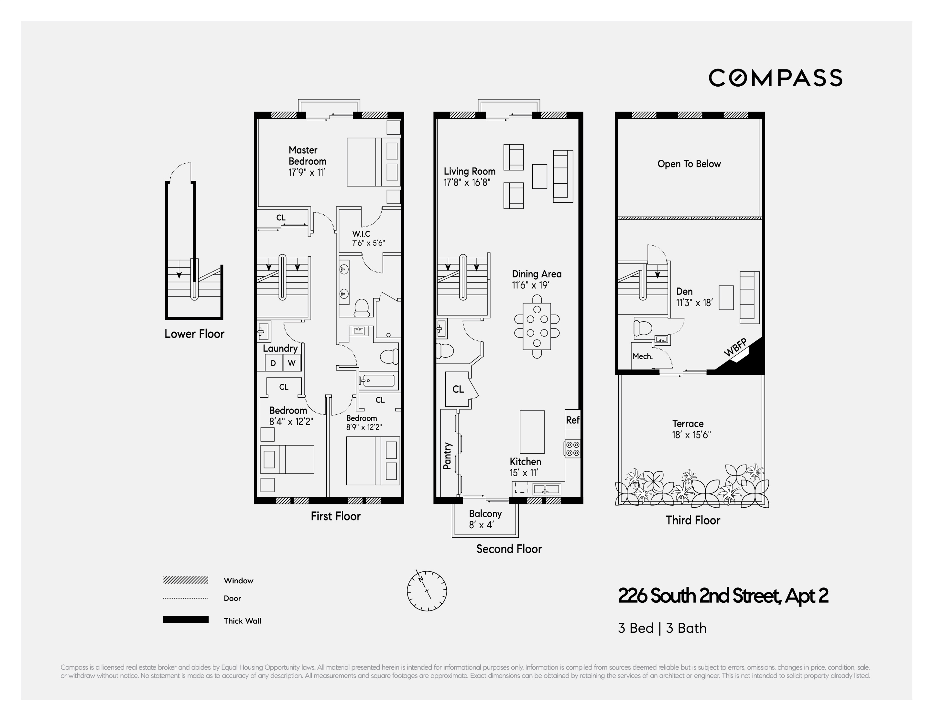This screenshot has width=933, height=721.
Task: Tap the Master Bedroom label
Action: (307, 156)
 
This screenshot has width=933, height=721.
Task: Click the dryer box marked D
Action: (273, 363)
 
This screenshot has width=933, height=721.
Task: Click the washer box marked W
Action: (292, 363)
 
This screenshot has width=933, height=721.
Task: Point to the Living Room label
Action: (470, 171)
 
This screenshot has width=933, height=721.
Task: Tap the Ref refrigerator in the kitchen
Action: (572, 420)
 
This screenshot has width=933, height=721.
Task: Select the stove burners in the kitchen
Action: (572, 448)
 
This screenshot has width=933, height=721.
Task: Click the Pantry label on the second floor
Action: (447, 456)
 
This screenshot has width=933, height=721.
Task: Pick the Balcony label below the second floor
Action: (485, 514)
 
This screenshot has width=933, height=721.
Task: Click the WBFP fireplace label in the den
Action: (735, 347)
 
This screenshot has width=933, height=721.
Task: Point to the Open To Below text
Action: (689, 164)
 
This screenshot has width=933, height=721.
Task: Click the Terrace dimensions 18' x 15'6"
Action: (691, 435)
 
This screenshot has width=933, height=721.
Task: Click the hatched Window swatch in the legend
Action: (186, 580)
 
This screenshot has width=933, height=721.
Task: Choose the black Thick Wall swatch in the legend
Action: (186, 620)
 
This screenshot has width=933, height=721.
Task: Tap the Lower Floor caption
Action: (194, 334)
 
